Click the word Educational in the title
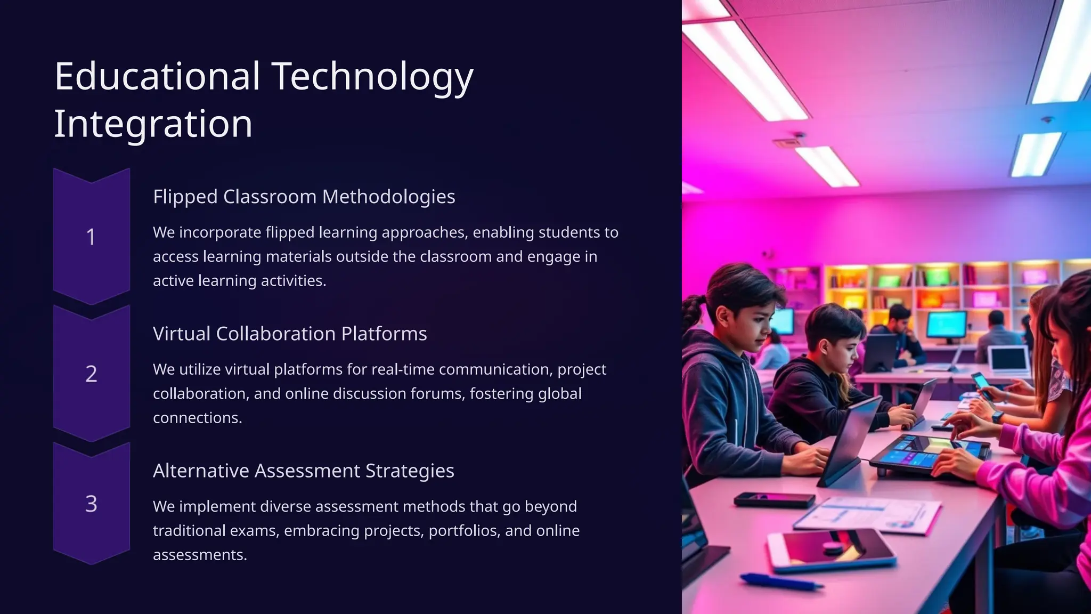(x=157, y=76)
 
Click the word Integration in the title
(x=153, y=124)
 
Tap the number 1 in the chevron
(x=91, y=237)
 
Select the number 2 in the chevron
(x=91, y=374)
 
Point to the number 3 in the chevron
(x=91, y=504)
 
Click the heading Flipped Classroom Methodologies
(x=304, y=197)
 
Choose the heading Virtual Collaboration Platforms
(x=290, y=334)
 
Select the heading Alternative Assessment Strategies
(x=303, y=471)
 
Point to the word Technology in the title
(x=372, y=76)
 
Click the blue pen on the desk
(x=780, y=581)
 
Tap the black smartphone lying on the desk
(x=774, y=500)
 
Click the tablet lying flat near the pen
(x=831, y=549)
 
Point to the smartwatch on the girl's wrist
(x=997, y=416)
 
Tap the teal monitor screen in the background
(x=947, y=325)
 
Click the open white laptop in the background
(x=1008, y=359)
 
